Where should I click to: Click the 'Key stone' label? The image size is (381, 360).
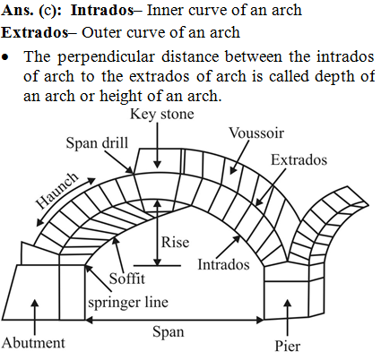click(162, 115)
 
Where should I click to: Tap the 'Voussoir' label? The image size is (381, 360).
click(256, 133)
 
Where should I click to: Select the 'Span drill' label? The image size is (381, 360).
click(97, 142)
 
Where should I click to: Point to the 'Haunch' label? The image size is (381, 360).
click(56, 191)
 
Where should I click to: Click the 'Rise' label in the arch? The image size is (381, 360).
click(175, 242)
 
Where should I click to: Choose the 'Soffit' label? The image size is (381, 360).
click(127, 279)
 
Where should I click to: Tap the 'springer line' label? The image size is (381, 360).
click(128, 303)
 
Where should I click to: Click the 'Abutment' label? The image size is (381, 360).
click(33, 343)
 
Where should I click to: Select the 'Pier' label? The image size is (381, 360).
click(288, 347)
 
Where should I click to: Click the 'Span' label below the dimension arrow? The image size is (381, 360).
click(169, 332)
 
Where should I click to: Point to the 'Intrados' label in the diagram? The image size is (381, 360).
click(223, 264)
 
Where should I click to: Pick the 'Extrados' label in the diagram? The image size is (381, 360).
click(299, 159)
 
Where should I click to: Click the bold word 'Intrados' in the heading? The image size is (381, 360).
click(102, 11)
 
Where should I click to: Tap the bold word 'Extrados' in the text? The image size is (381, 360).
click(35, 32)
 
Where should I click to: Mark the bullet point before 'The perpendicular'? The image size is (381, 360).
click(5, 56)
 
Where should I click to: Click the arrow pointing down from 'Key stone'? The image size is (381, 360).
click(157, 145)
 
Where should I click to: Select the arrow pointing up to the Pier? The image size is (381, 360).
click(288, 317)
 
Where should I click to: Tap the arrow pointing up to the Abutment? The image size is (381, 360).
click(35, 317)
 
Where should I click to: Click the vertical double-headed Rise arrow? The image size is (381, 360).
click(158, 233)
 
